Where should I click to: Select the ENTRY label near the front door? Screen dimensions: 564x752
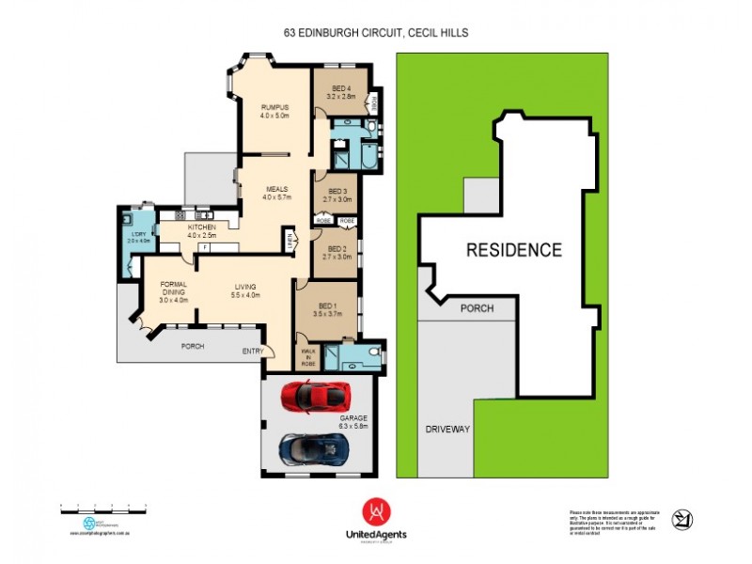coord(253,351)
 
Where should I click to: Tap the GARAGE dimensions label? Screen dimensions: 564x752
coord(352,421)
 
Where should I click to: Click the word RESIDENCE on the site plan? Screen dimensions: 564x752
coord(514,250)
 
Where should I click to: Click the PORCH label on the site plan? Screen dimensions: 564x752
coord(476,307)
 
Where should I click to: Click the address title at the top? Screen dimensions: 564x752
coord(376,32)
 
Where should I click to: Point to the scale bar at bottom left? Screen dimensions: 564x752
coord(103,507)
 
